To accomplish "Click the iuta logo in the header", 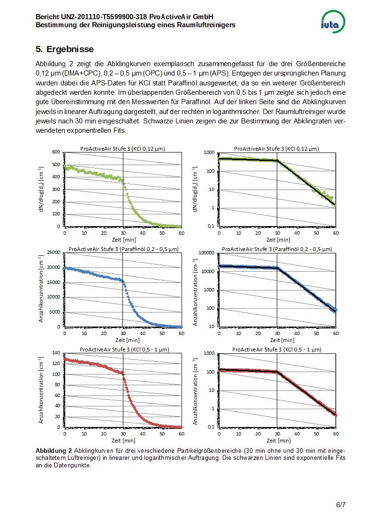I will pos(333,22).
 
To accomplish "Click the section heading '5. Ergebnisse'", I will pos(65,49).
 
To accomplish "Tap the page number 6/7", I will pos(341,505).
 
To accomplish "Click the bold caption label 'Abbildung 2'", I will pos(54,450).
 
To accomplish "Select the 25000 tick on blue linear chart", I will pos(53,252).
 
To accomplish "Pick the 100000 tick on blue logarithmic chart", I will pos(207,252).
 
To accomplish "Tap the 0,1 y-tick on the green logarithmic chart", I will pos(210,226).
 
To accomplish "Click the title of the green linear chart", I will pos(122,149).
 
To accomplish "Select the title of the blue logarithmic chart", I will pos(276,249).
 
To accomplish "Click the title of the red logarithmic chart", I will pos(276,350).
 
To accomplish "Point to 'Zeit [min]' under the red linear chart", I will pos(123,441).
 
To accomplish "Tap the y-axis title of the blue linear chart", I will pos(41,290).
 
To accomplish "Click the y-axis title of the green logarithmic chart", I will pos(194,189).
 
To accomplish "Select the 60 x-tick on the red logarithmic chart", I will pos(335,434).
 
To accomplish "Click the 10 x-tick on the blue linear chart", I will pos(84,333).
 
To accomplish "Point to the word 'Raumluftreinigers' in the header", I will pos(206,24).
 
